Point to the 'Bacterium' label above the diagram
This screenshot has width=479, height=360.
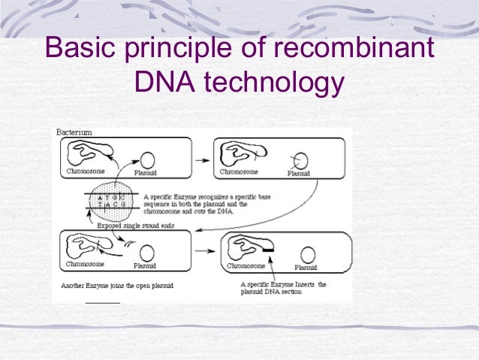74,132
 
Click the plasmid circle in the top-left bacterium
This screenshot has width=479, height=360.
148,159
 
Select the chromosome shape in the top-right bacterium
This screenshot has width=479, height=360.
240,155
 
